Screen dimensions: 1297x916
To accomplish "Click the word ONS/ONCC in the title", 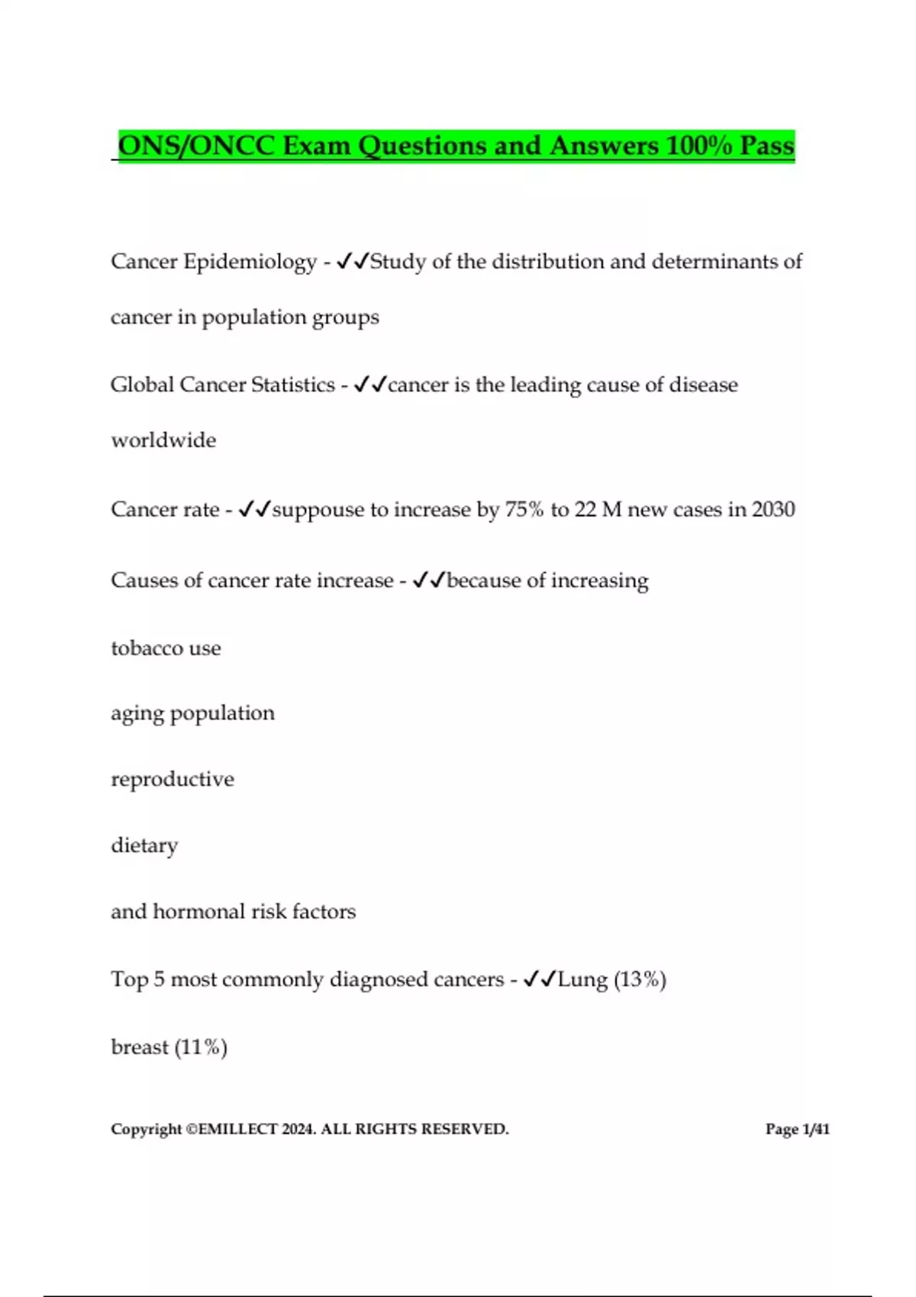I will coord(196,146).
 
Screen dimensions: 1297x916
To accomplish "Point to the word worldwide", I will coord(163,440).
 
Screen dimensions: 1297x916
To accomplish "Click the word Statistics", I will coord(293,385).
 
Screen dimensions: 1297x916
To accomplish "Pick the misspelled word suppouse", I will coord(318,510).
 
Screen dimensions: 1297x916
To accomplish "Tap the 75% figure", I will coord(524,510).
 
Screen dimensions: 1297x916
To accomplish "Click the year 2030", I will coord(773,510).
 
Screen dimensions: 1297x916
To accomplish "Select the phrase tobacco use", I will coord(166,648).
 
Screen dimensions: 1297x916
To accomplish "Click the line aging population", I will coord(192,713).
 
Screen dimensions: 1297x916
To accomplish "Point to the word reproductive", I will coord(173,779).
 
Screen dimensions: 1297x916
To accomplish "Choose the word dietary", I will coord(144,845).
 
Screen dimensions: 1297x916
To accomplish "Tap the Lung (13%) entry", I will coord(611,980).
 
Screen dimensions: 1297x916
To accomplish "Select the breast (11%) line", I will coord(169,1047).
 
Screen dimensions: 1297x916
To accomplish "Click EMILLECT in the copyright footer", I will coord(237,1129).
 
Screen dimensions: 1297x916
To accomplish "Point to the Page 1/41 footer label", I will coord(797,1129).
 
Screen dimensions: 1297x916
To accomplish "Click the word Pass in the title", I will coord(767,146).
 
